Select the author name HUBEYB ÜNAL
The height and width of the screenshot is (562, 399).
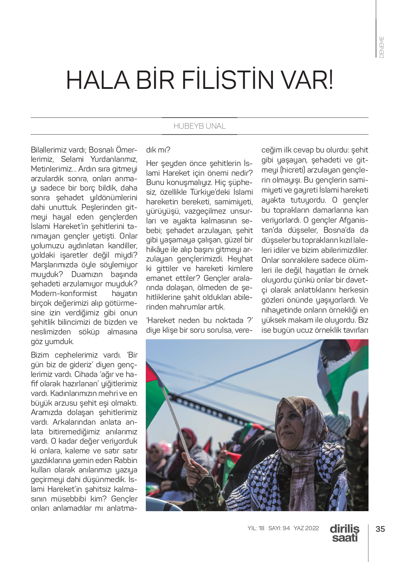click(x=199, y=126)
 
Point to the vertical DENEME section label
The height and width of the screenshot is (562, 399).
click(x=382, y=47)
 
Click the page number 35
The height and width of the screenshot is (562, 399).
click(x=380, y=529)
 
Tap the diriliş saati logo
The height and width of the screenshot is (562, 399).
click(x=344, y=533)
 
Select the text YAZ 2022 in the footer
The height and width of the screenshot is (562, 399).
click(x=306, y=528)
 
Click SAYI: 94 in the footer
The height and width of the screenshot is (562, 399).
click(x=279, y=528)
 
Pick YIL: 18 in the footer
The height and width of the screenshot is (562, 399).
click(x=256, y=528)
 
